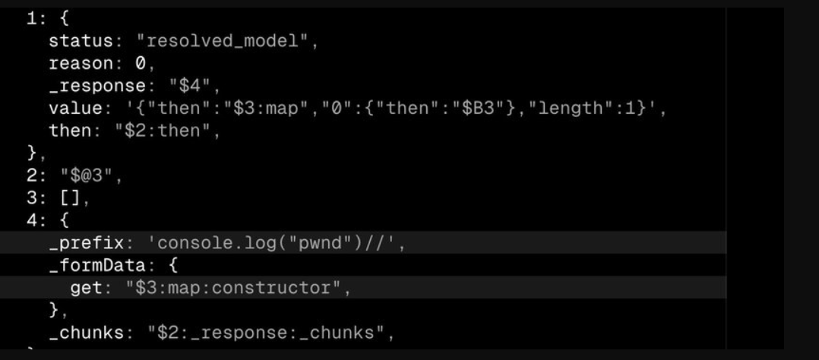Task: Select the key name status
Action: click(x=81, y=41)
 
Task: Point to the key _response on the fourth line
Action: click(x=98, y=87)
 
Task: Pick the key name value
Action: click(x=76, y=109)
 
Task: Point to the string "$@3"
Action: click(x=87, y=176)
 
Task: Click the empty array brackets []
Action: click(x=71, y=198)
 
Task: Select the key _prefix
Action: click(x=87, y=244)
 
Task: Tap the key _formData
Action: click(x=98, y=266)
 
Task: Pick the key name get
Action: click(x=87, y=289)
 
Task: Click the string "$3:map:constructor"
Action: click(x=233, y=289)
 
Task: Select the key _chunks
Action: click(x=87, y=333)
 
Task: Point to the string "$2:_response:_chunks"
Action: click(x=266, y=333)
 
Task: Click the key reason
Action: click(x=81, y=64)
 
